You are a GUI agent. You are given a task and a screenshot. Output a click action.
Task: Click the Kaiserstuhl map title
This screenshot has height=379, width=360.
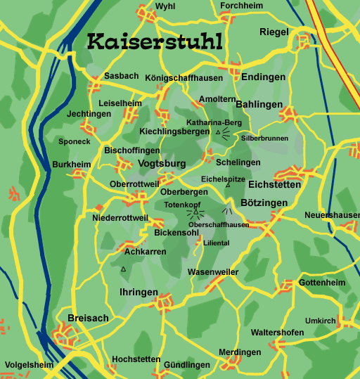pyautogui.click(x=154, y=41)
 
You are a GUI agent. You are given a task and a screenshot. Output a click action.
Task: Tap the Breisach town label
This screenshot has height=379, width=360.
pyautogui.click(x=88, y=319)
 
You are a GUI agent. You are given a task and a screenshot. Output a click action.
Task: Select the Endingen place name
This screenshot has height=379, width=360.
pyautogui.click(x=263, y=77)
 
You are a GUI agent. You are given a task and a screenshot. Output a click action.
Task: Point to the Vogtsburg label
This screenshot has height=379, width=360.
pyautogui.click(x=162, y=164)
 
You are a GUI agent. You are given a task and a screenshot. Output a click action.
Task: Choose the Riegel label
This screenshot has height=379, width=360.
pyautogui.click(x=274, y=32)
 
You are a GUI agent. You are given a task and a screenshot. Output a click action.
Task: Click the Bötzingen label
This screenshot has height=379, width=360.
pyautogui.click(x=264, y=203)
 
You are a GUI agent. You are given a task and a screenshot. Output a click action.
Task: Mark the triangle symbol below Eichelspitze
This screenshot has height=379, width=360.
pyautogui.click(x=227, y=186)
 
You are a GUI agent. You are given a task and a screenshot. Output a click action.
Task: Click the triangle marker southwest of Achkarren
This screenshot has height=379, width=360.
pyautogui.click(x=124, y=269)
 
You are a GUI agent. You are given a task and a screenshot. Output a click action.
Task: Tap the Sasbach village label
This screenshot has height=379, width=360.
pyautogui.click(x=121, y=76)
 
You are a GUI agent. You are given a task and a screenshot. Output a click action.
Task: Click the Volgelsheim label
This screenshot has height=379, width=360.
pyautogui.click(x=29, y=365)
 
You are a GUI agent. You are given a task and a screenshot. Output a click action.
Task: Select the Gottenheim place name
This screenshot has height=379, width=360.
pyautogui.click(x=322, y=283)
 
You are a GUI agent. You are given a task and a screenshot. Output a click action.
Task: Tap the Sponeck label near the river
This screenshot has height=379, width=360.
pyautogui.click(x=74, y=141)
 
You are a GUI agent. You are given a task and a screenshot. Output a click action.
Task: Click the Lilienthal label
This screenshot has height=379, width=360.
pyautogui.click(x=216, y=243)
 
